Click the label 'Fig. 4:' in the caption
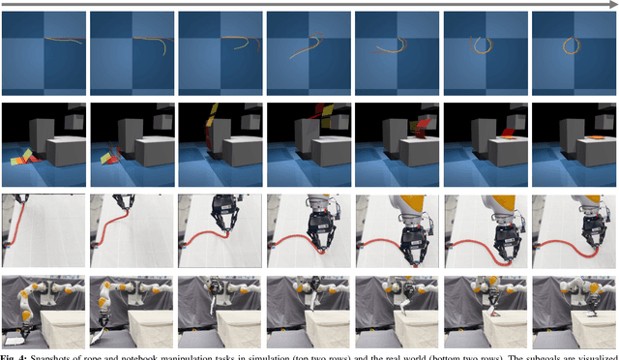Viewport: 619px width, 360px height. (15, 354)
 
